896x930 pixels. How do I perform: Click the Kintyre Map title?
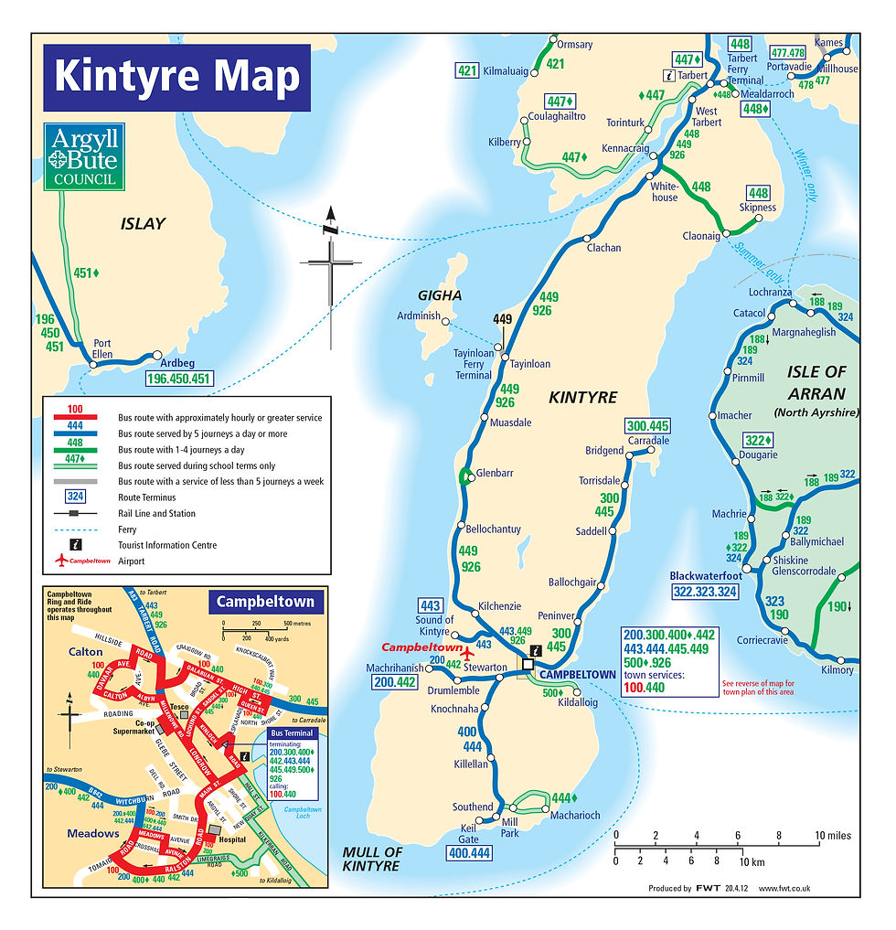(176, 77)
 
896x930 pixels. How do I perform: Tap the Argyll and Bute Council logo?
(84, 157)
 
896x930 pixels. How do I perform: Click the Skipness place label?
(757, 208)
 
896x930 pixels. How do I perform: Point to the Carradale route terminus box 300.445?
(648, 425)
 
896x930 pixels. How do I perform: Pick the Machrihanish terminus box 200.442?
(394, 681)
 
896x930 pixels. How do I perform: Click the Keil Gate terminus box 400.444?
(469, 852)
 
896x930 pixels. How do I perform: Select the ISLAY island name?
(143, 223)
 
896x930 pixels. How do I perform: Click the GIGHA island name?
(439, 295)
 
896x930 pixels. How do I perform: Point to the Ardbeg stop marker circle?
(157, 356)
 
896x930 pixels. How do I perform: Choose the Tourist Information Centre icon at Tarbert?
(669, 76)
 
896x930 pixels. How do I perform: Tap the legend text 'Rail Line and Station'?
(157, 513)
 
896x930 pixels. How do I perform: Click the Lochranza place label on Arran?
(769, 293)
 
